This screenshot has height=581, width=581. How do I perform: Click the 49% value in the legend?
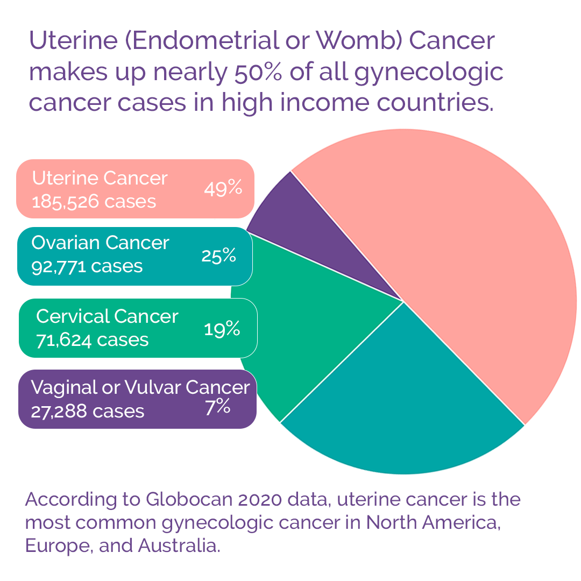click(223, 189)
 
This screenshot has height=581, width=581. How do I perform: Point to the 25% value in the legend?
click(218, 256)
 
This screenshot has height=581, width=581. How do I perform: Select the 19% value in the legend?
click(222, 329)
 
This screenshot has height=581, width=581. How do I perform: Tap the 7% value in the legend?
click(218, 407)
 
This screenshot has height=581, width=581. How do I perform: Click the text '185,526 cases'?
click(94, 202)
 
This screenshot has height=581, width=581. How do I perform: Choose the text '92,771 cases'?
click(87, 266)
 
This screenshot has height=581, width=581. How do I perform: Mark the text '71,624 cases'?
click(92, 340)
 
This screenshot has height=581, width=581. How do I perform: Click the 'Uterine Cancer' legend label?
click(100, 178)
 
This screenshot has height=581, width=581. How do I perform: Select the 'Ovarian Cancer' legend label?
click(100, 243)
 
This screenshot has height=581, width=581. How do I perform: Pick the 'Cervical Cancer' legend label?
click(107, 316)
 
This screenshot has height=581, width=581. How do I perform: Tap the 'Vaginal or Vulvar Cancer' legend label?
click(140, 387)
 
